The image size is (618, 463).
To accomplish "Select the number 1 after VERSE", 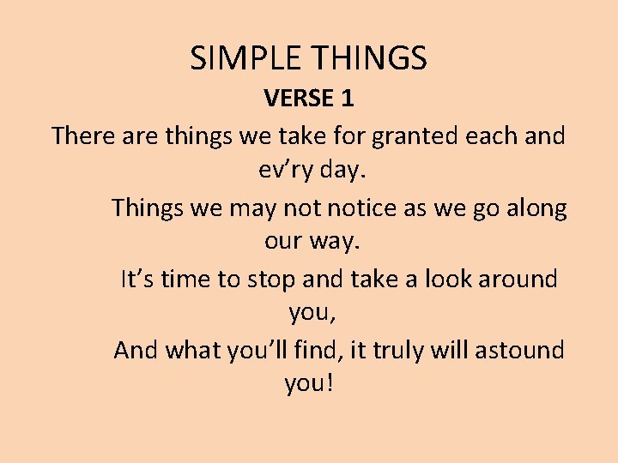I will [x=347, y=99].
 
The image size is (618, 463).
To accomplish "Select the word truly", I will [x=409, y=351].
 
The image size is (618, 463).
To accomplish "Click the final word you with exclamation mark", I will [x=308, y=384].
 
